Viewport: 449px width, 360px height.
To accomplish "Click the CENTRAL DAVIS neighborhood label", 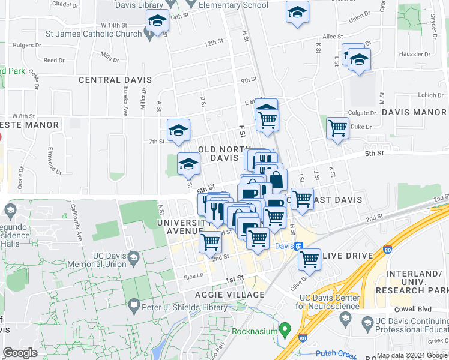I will tap(114, 80).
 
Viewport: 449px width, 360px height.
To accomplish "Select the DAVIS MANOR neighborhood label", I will tap(414, 112).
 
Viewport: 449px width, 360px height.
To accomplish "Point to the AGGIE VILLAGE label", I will tap(229, 295).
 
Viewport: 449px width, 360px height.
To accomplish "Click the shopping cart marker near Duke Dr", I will tap(338, 128).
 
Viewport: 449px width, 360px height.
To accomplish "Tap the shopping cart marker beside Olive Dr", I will tap(309, 259).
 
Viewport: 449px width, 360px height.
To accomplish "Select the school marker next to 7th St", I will tap(178, 130).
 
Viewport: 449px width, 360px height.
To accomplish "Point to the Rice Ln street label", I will tap(193, 277).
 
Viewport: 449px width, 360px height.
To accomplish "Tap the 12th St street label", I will tap(213, 44).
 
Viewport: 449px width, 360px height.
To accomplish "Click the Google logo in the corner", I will tap(20, 352).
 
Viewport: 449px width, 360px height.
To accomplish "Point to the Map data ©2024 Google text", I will tap(412, 355).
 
